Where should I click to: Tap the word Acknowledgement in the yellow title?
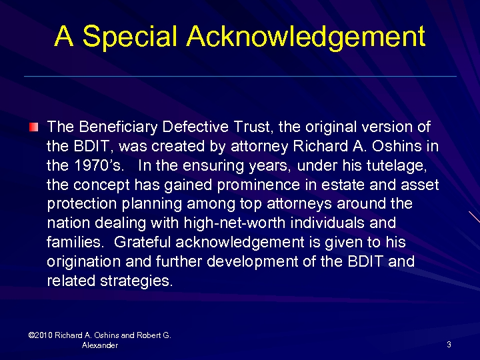tap(306, 36)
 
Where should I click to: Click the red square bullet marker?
tap(34, 127)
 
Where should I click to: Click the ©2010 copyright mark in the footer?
tap(41, 335)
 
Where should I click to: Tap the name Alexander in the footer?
tap(100, 345)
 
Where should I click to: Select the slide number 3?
tap(449, 345)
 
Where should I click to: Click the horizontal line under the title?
tap(240, 77)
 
